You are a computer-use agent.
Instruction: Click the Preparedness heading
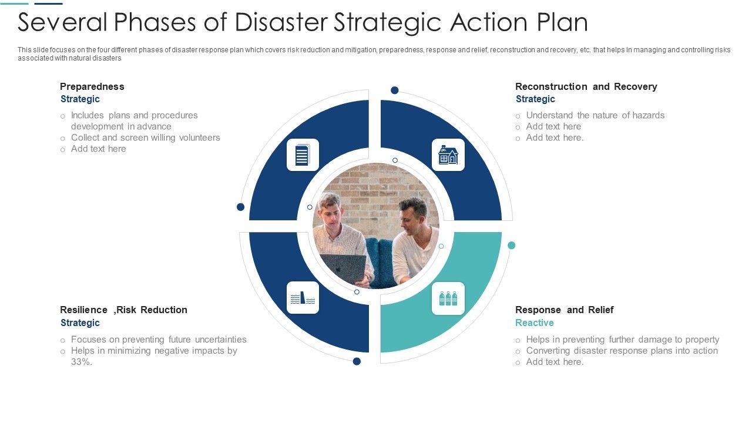(x=92, y=86)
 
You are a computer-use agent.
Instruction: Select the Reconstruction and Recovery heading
(x=586, y=86)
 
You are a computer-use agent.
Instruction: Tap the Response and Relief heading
(x=564, y=310)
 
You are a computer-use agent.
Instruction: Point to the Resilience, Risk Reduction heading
(x=123, y=310)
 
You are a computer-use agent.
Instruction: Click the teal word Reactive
(x=534, y=323)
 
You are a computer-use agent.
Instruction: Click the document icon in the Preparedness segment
(x=303, y=155)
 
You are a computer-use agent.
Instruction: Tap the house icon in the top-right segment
(x=448, y=155)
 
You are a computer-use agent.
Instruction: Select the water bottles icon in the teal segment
(x=448, y=298)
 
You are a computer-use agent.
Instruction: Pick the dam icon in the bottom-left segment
(x=303, y=298)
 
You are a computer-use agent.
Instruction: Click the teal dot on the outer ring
(x=511, y=245)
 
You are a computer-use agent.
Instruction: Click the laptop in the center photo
(x=343, y=267)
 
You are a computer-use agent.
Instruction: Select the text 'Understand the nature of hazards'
(x=595, y=115)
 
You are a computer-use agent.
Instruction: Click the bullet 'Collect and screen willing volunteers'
(x=145, y=137)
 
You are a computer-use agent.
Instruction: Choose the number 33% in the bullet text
(x=81, y=362)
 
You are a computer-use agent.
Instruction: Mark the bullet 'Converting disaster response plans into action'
(x=622, y=351)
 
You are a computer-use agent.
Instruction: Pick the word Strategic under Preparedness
(x=80, y=99)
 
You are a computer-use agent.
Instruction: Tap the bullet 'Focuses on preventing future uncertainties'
(x=159, y=340)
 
